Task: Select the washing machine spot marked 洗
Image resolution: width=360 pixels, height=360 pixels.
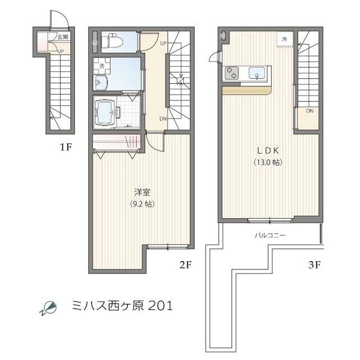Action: point(102,66)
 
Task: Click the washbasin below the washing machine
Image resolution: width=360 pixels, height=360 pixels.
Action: point(102,83)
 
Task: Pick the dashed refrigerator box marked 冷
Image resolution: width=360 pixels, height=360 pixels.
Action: point(284,39)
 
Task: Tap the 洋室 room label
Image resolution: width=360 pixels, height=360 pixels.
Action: point(141,191)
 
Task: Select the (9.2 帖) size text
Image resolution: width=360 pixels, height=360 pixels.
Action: point(141,204)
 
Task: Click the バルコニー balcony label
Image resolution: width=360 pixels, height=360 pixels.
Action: point(269,235)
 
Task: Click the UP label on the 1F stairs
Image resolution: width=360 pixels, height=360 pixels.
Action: point(60,51)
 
